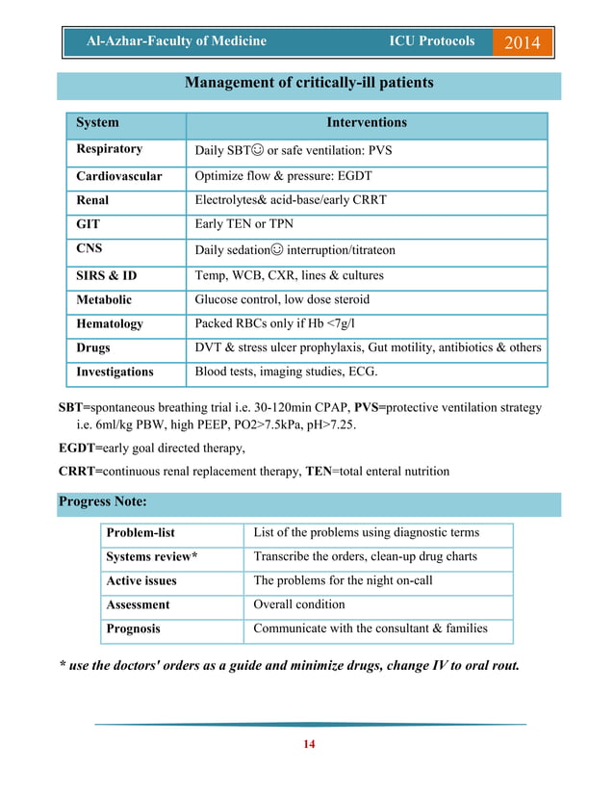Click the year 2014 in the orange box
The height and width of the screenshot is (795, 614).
[x=523, y=42]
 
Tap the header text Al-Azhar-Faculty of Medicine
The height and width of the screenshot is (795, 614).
[x=176, y=41]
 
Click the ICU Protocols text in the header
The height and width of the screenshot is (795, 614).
[x=431, y=41]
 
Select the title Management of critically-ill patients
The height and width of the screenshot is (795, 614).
[x=309, y=83]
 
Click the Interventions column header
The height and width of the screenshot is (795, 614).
[x=367, y=123]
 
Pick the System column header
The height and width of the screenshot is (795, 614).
[x=98, y=123]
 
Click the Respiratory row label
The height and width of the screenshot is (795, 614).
[x=110, y=149]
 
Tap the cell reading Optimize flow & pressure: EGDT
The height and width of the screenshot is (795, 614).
[x=283, y=176]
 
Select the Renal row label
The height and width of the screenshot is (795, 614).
[x=92, y=200]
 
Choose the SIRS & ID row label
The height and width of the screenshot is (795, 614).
[x=107, y=275]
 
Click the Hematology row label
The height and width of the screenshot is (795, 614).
[x=110, y=324]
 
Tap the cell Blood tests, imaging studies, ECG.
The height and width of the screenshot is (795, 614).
[x=286, y=372]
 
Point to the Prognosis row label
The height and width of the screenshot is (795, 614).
[x=133, y=628]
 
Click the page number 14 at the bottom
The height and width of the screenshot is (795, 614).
[x=310, y=744]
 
